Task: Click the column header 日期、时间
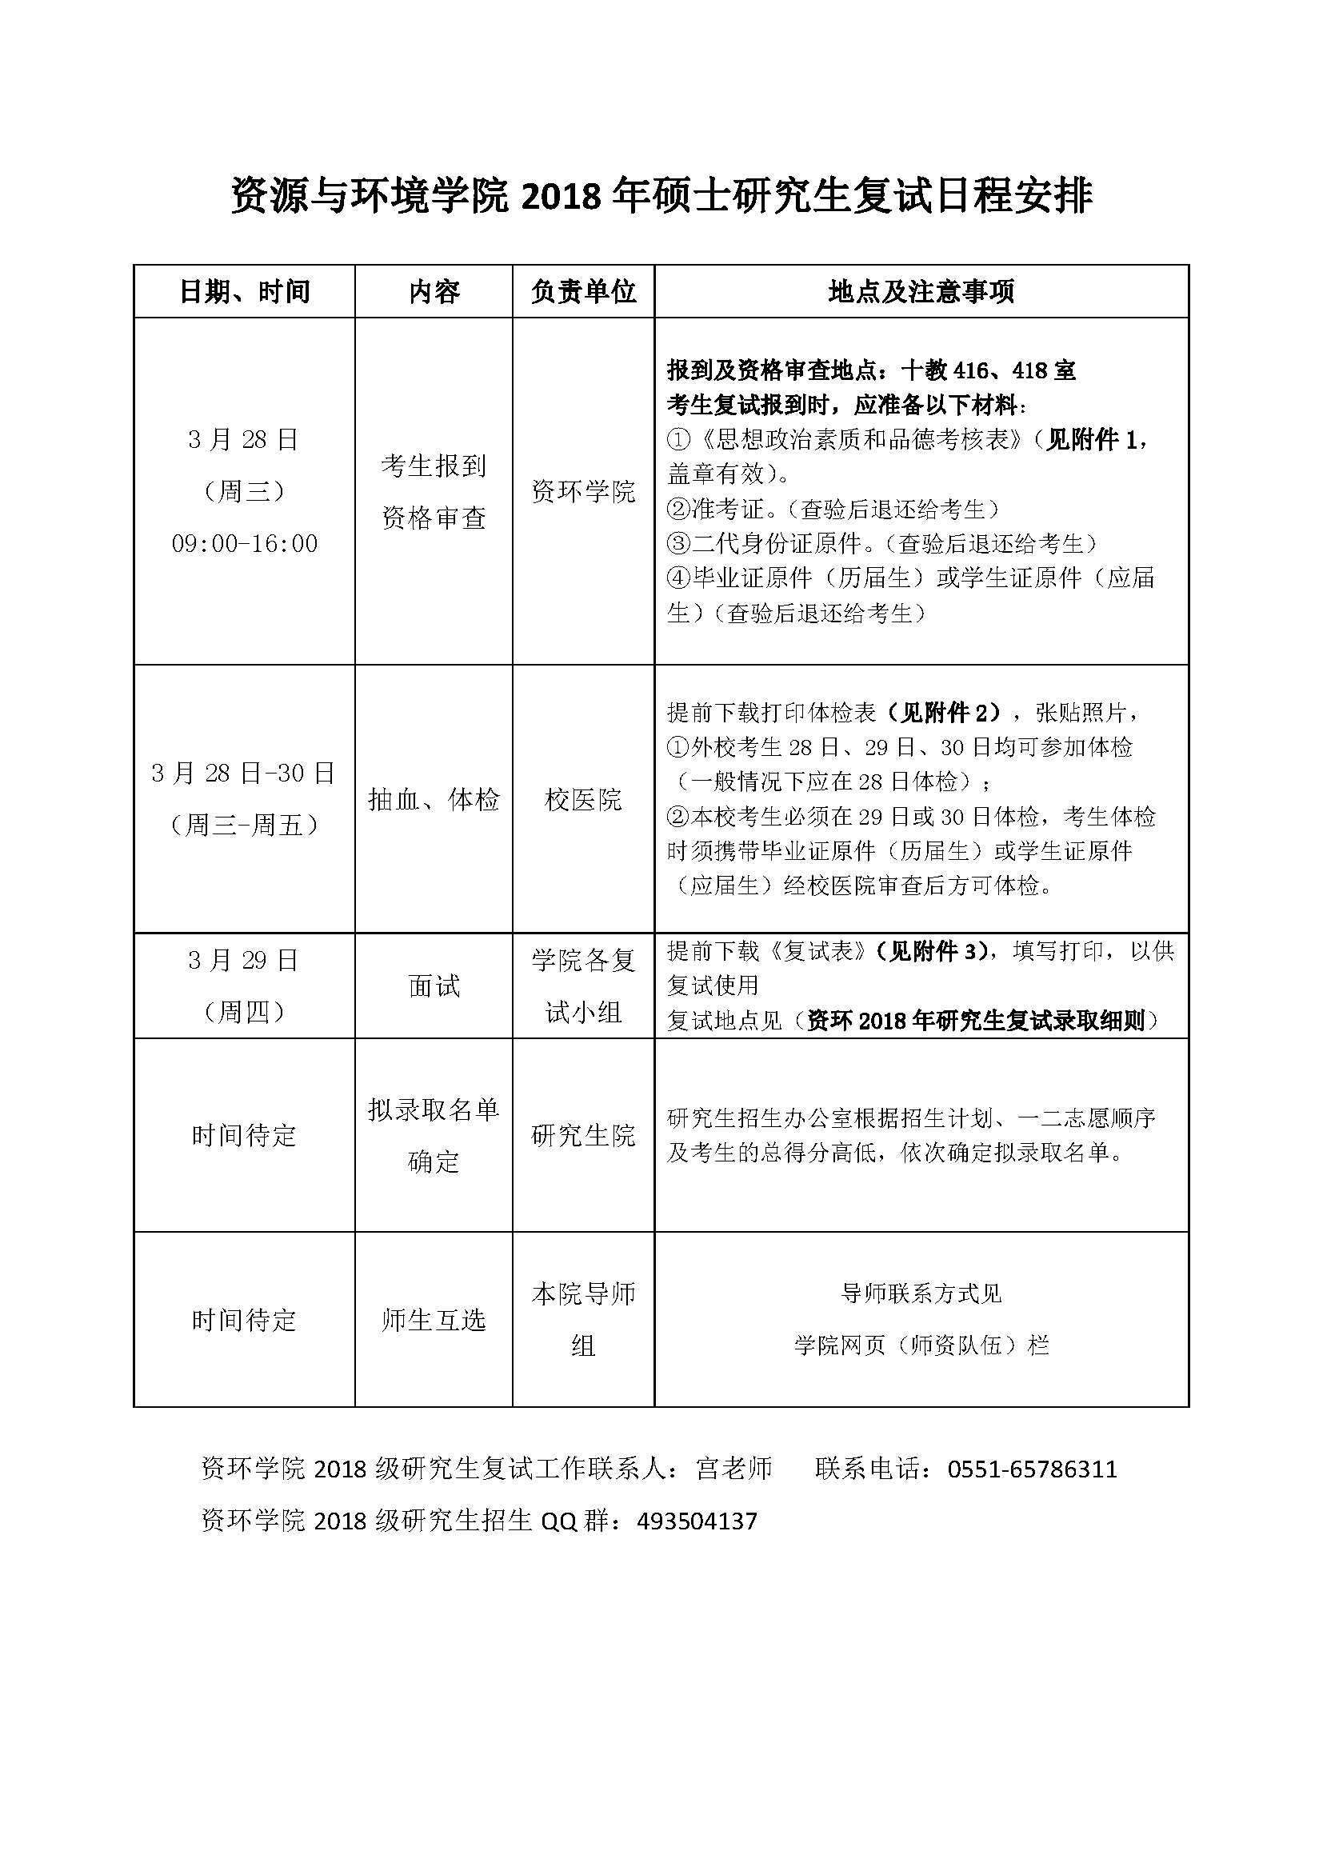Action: [245, 292]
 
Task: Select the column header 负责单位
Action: [583, 292]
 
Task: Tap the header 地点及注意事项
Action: [921, 292]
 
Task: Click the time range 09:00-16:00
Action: [245, 543]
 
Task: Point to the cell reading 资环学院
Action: [583, 491]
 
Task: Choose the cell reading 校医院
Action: [583, 799]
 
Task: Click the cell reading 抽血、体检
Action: [434, 799]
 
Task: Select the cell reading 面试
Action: [434, 986]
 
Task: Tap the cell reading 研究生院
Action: [583, 1135]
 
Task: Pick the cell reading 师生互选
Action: [434, 1319]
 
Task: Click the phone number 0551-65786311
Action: [1032, 1469]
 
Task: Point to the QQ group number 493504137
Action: [697, 1521]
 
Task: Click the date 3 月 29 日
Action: [245, 961]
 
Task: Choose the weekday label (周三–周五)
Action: [245, 826]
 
